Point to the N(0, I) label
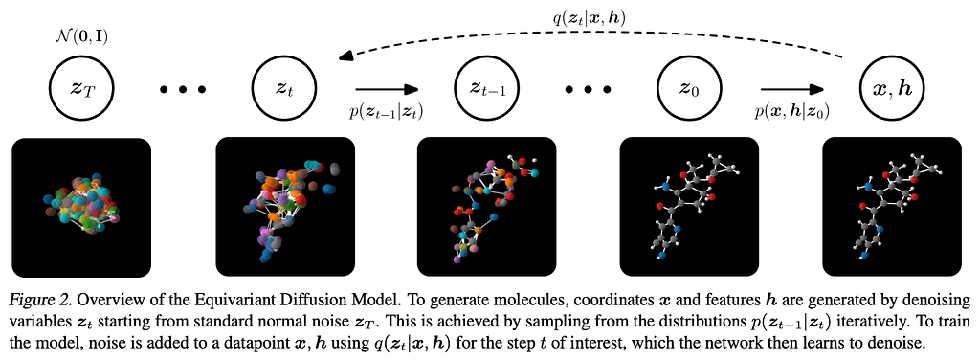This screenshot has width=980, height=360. point(82,37)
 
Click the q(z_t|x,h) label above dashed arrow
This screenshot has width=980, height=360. point(590,19)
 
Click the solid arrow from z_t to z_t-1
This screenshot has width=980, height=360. point(386,90)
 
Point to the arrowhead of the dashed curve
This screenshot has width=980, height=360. point(343,57)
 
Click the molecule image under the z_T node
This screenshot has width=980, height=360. point(82,208)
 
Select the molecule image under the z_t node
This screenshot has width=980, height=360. point(284,208)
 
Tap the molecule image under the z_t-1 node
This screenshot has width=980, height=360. point(487,208)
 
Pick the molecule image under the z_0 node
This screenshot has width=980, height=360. point(689,208)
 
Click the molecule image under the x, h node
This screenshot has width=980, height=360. point(892,208)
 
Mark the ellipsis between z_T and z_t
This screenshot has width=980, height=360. point(183,91)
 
